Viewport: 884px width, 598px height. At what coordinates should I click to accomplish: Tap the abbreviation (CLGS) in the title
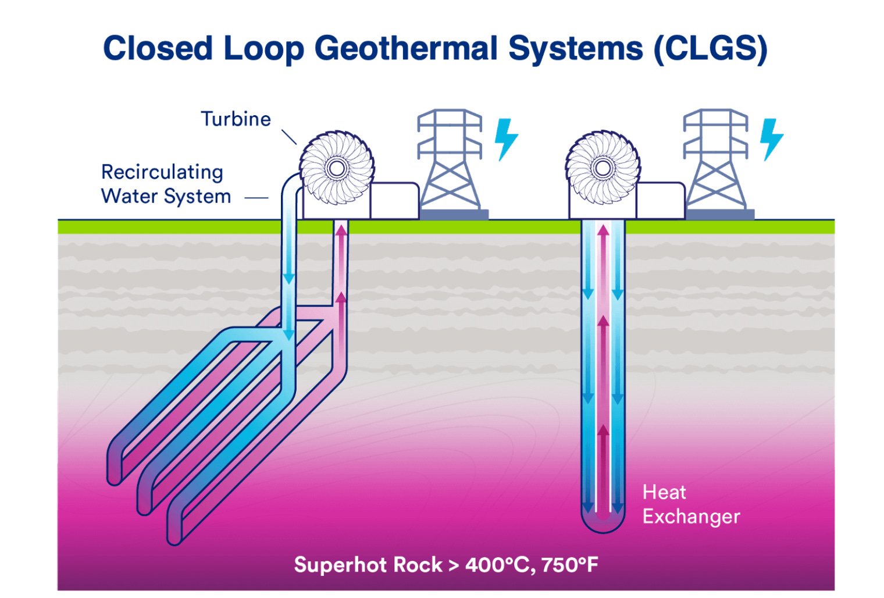click(x=710, y=48)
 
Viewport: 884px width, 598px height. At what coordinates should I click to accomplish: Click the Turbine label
click(x=236, y=119)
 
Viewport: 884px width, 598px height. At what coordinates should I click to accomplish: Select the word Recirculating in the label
click(x=162, y=173)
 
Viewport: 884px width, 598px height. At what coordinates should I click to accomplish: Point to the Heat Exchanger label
click(x=691, y=504)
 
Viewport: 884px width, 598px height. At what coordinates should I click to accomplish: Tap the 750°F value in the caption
click(x=570, y=564)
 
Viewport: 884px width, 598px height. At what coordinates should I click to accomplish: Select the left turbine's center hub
click(x=336, y=169)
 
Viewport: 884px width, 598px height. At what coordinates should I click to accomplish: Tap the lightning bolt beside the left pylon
click(x=506, y=140)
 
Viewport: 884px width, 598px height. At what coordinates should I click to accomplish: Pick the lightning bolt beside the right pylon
click(x=772, y=140)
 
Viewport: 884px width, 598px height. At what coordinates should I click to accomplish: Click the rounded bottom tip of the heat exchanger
click(x=603, y=533)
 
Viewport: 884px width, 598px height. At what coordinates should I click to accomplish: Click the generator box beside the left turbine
click(x=394, y=201)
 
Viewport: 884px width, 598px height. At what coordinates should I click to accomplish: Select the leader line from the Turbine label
click(x=289, y=137)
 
